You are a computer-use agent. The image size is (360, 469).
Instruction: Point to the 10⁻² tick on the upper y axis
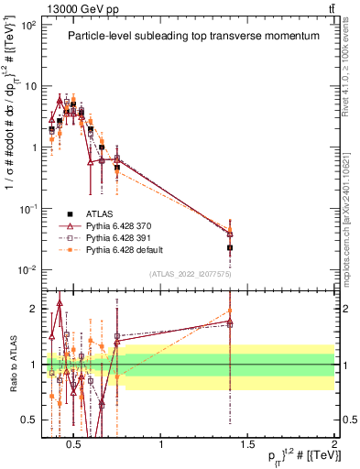[29, 269]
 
